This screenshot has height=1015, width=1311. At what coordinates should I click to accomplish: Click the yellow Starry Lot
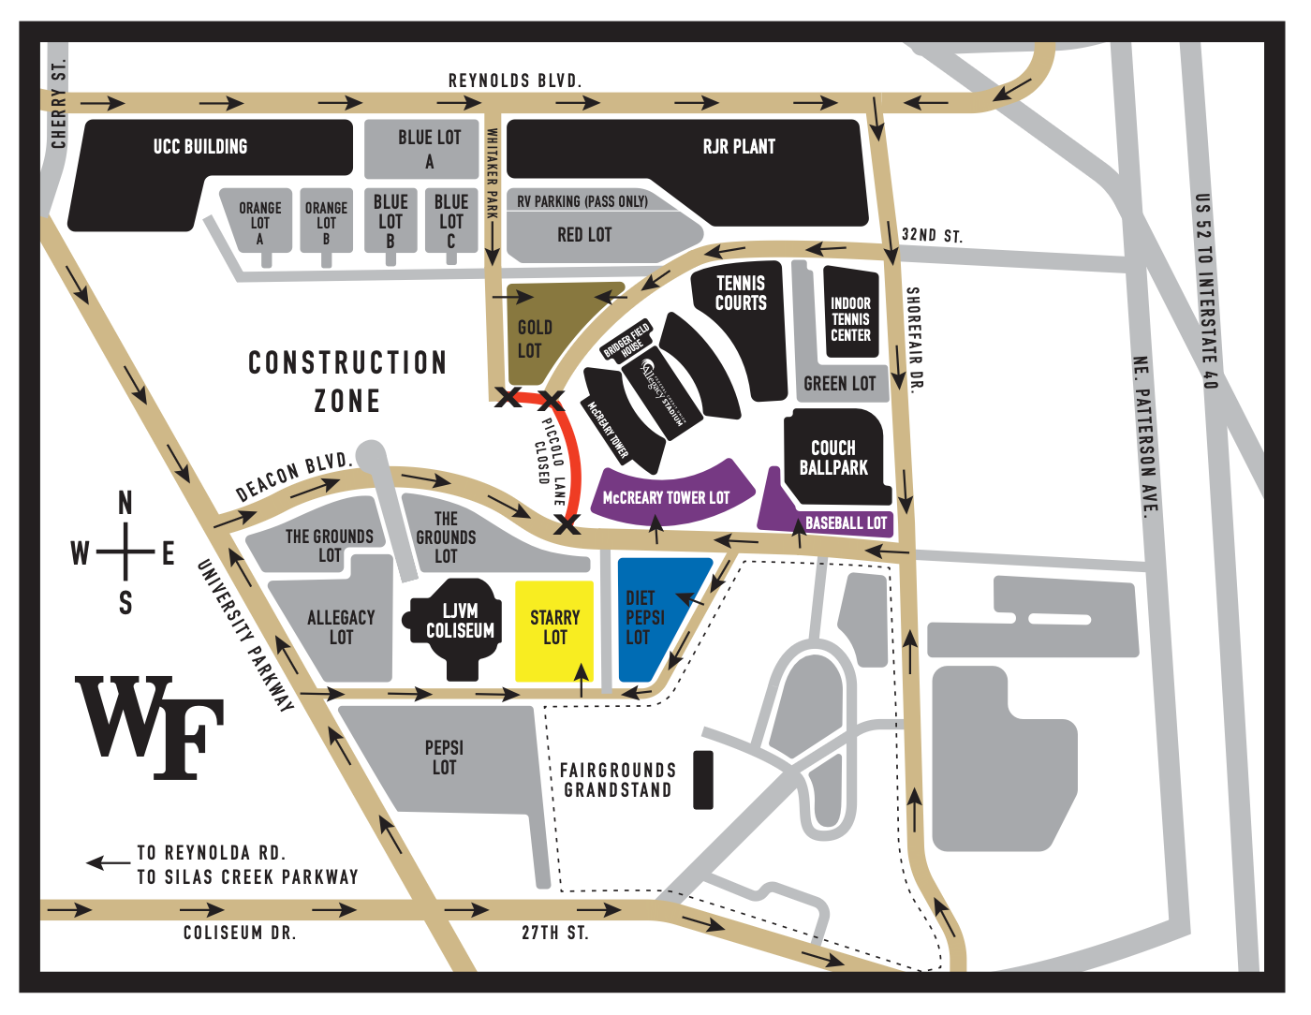coord(554,629)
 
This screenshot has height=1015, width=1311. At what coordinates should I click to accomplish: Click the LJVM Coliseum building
coord(459,623)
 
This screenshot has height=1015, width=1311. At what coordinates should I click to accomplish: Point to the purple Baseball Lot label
coord(846,523)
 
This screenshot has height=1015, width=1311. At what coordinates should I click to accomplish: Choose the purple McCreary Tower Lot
coord(667,497)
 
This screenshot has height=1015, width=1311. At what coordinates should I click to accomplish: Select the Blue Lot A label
coord(429,149)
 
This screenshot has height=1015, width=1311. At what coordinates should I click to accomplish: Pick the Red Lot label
coord(584,235)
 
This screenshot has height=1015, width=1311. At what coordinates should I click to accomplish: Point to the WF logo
coord(150,726)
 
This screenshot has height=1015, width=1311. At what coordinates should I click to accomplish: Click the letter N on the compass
coord(125,504)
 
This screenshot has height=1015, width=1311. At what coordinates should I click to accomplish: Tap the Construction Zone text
coord(347,381)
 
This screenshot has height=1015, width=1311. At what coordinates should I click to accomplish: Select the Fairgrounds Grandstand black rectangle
coord(703,780)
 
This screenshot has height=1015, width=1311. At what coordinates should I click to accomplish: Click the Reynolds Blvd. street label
coord(515,81)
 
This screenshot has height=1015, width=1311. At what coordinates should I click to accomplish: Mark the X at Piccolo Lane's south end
coord(567,524)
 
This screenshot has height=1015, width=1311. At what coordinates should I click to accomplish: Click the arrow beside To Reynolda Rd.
coord(108,862)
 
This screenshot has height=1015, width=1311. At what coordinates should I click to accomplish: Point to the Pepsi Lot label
coord(444,758)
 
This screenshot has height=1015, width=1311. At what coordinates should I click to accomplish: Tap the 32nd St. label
coord(932,235)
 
